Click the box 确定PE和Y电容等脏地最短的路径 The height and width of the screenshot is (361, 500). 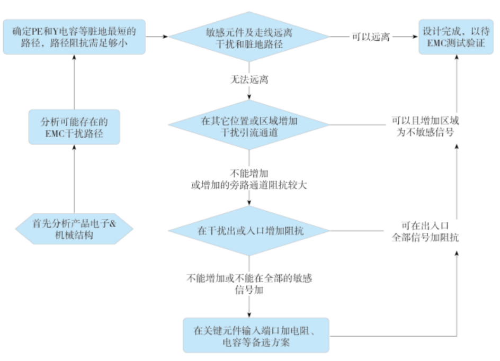(x=74, y=37)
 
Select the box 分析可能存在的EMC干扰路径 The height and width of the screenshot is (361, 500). (x=74, y=127)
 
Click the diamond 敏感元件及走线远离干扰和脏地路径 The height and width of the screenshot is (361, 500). (x=248, y=37)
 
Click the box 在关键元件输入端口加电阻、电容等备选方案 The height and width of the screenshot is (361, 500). (x=256, y=335)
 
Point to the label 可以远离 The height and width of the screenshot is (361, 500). (x=371, y=37)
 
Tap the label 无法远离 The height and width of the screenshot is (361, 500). (x=248, y=79)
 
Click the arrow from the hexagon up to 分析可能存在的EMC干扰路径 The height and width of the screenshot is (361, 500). (x=74, y=180)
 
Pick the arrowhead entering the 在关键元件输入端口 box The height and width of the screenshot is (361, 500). (x=248, y=313)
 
